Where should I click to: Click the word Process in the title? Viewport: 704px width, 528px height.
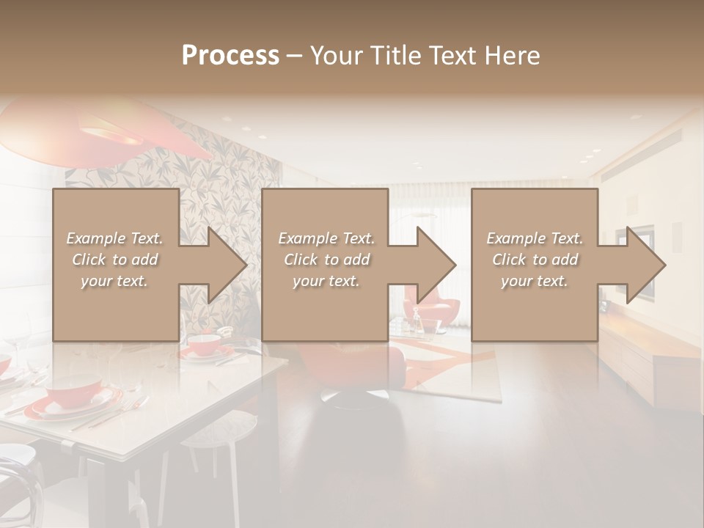point(230,55)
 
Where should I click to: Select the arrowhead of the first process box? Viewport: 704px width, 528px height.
point(224,265)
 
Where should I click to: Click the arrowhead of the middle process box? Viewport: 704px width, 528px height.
point(434,265)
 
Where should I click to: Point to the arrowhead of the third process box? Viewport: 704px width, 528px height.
point(643,265)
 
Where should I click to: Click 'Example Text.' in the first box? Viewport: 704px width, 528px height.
point(114,238)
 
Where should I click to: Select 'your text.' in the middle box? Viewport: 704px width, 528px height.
point(326,281)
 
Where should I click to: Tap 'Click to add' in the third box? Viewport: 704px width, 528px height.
point(535,260)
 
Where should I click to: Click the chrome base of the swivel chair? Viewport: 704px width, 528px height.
point(351,397)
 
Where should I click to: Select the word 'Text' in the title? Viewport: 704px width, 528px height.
point(453,55)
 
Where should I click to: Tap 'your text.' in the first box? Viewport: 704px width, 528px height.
point(114,281)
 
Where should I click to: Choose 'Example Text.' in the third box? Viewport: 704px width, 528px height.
point(535,238)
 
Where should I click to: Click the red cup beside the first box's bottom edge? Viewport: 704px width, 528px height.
point(205,343)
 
